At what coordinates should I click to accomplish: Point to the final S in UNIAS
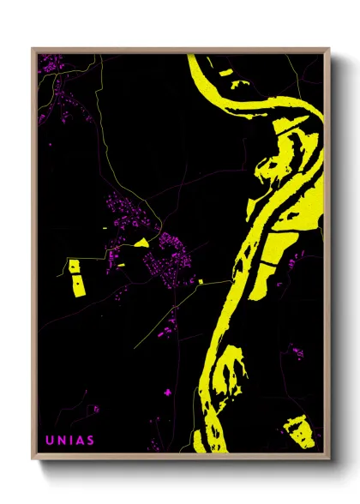[x=90, y=441]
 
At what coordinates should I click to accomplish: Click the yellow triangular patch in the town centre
[x=141, y=243]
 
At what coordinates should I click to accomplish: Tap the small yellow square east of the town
[x=201, y=280]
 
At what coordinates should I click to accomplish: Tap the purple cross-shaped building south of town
[x=167, y=392]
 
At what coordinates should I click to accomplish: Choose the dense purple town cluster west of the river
[x=167, y=257]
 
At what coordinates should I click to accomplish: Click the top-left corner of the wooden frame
[x=33, y=50]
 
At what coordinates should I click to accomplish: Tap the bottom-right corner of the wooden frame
[x=328, y=459]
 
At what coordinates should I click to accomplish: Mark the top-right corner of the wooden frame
[x=328, y=50]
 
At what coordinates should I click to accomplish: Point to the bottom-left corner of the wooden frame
[x=33, y=459]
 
